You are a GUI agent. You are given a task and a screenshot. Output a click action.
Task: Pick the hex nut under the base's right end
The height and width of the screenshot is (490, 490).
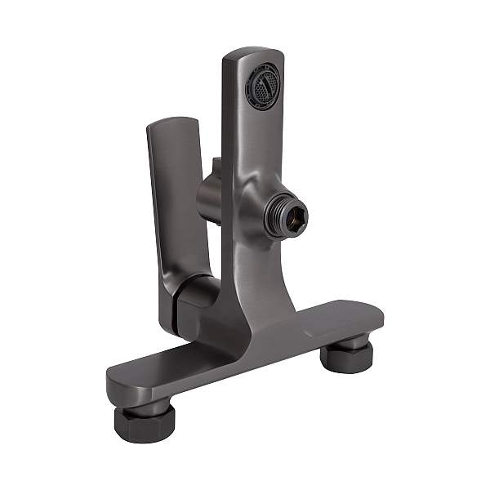pyautogui.click(x=345, y=355)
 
